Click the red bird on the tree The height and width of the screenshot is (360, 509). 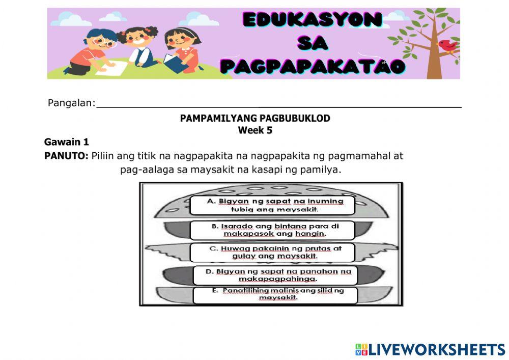(448, 46)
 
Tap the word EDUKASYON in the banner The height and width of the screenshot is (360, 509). (313, 20)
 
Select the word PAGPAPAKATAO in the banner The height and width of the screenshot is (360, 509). (313, 66)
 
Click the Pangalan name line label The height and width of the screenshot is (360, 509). (71, 103)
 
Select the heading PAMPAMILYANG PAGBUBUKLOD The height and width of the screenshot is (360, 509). (255, 118)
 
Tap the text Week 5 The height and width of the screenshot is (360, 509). (255, 130)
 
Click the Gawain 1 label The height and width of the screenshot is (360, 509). (67, 142)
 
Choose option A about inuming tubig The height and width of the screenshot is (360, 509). (274, 205)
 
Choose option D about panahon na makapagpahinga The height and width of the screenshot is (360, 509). (274, 275)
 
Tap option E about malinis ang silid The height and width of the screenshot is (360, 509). (275, 294)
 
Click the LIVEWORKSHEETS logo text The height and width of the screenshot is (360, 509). (430, 349)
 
